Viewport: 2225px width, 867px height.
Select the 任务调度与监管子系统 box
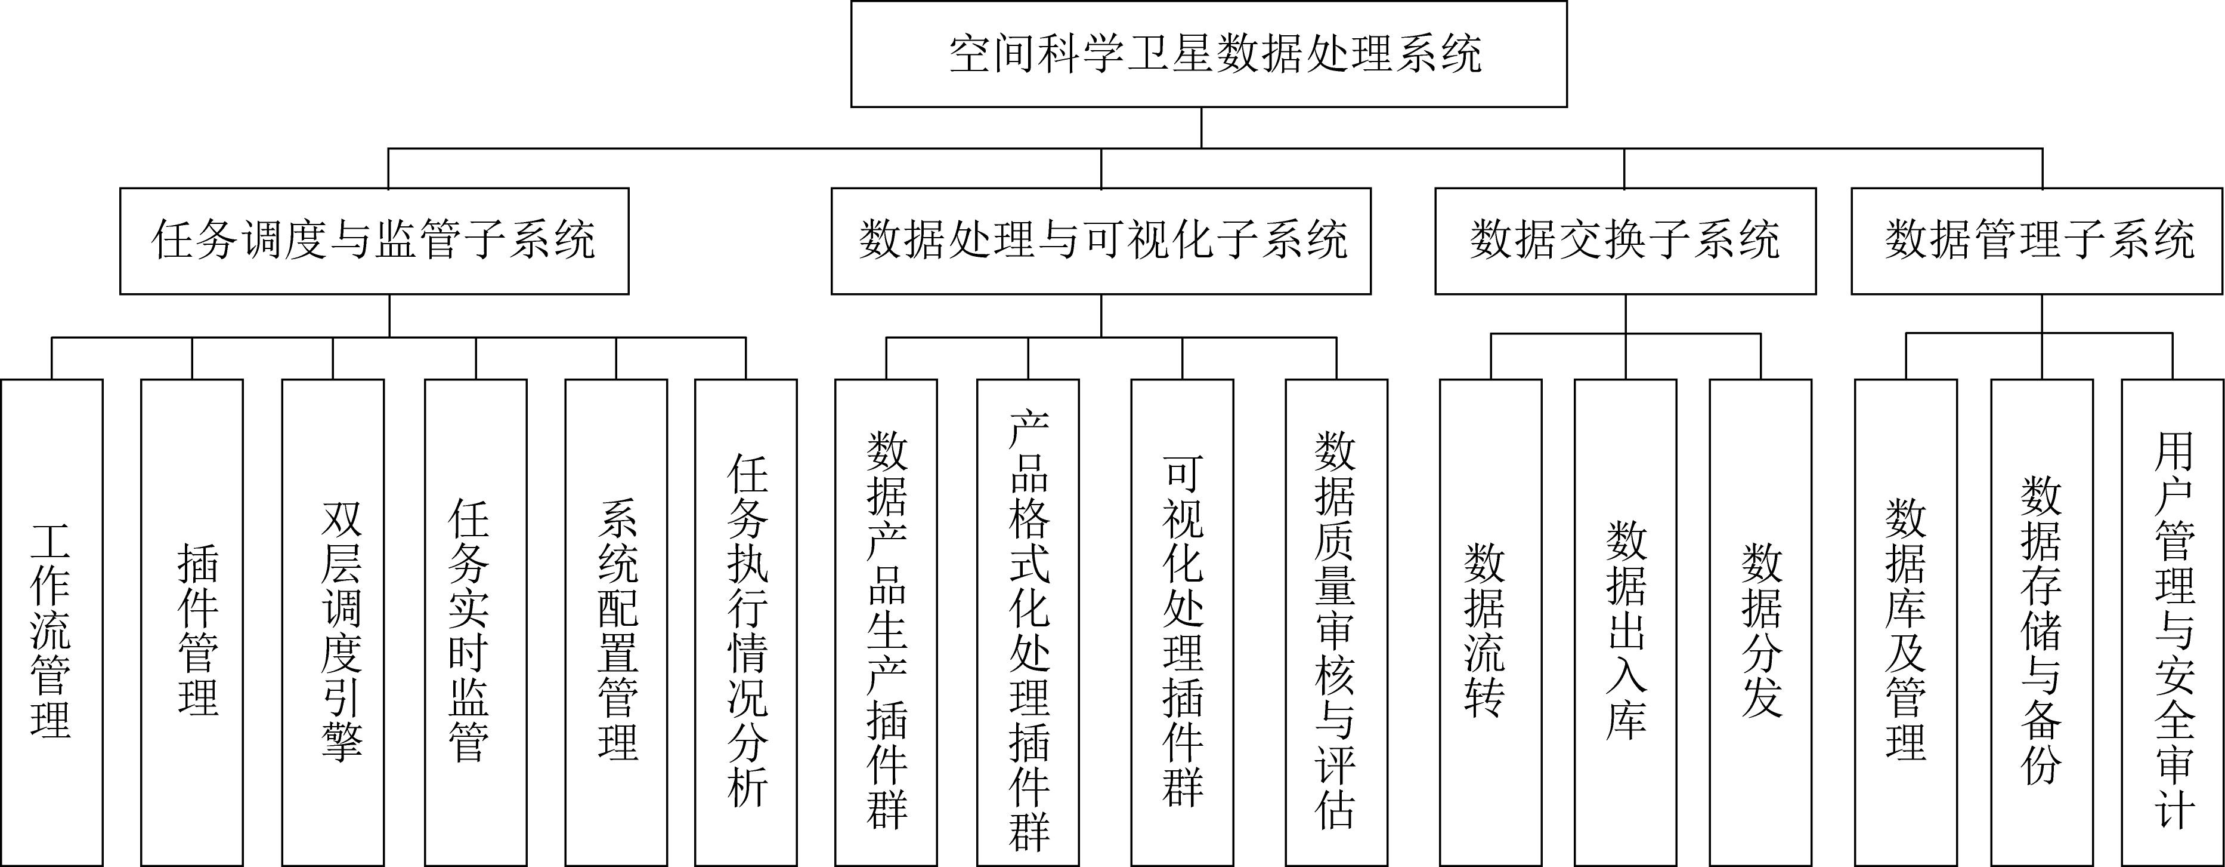coord(374,241)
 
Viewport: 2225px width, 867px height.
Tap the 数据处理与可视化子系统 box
coord(1101,241)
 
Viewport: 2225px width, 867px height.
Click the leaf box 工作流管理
coord(52,622)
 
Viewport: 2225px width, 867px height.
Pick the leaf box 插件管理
coord(192,622)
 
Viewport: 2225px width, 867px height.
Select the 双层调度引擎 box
coord(333,622)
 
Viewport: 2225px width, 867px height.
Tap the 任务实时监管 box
coord(476,622)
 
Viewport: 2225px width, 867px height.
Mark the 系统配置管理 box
coord(616,622)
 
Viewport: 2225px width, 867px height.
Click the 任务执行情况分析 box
coord(746,622)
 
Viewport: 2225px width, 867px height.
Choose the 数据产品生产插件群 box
coord(886,622)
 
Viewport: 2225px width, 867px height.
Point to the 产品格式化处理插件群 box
coord(1028,622)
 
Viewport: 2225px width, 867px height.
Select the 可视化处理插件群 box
coord(1183,622)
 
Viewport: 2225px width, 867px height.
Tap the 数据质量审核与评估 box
coord(1336,622)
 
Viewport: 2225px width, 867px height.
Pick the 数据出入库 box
coord(1626,622)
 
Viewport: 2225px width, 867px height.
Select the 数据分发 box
coord(1760,622)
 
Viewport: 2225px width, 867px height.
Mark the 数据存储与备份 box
coord(2042,622)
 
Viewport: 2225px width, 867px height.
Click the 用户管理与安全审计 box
coord(2173,622)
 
